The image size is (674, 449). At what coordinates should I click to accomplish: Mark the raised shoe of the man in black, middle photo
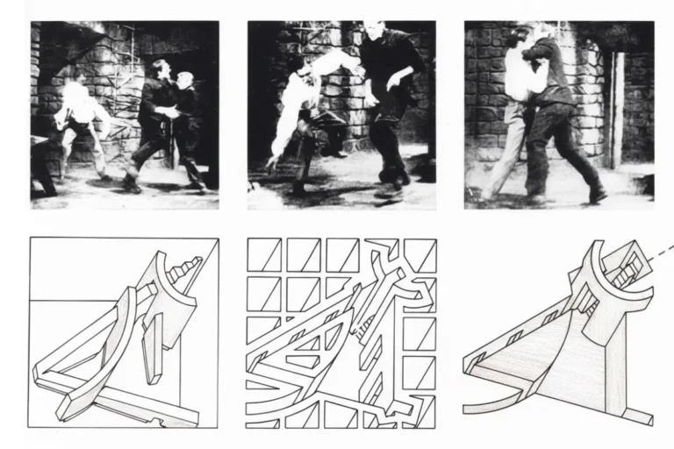(388, 188)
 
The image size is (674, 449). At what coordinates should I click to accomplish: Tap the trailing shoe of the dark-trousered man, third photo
(598, 195)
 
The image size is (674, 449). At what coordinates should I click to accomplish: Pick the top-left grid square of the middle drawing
(264, 255)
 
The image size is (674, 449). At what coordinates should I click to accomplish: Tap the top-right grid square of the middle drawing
(419, 255)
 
